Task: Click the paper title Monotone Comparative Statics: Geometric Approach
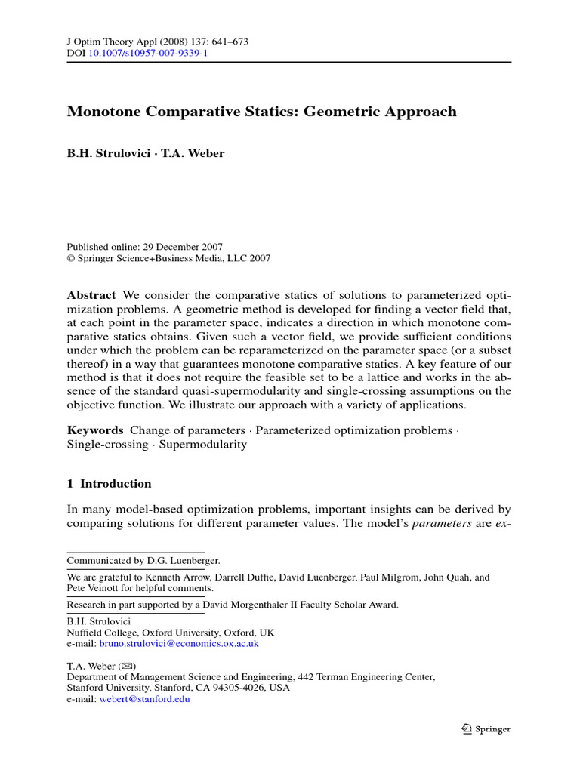point(262,112)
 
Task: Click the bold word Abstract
point(91,294)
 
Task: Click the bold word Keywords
point(95,430)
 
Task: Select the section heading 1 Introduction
point(110,484)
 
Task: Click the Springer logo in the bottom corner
point(486,729)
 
